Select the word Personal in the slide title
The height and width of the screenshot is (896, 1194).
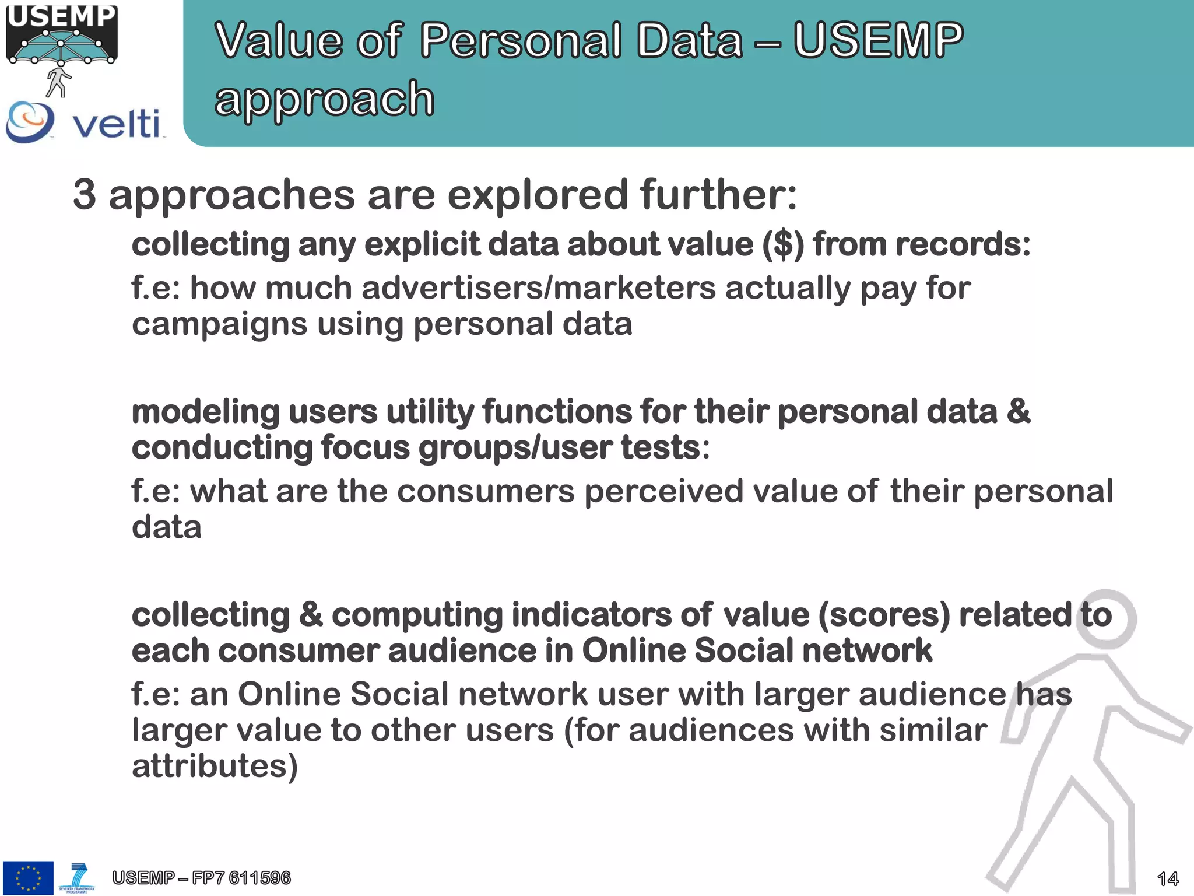click(521, 41)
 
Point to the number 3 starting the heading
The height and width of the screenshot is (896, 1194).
click(85, 195)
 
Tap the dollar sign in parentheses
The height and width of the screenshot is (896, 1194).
click(784, 244)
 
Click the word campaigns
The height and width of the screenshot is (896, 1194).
click(219, 324)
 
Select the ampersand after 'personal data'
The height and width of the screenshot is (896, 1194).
click(1018, 411)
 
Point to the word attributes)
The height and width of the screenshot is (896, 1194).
click(215, 766)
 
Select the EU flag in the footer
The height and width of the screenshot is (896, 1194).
click(28, 877)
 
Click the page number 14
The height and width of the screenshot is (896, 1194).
click(1167, 878)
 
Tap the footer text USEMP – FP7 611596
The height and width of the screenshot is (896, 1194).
click(201, 877)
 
